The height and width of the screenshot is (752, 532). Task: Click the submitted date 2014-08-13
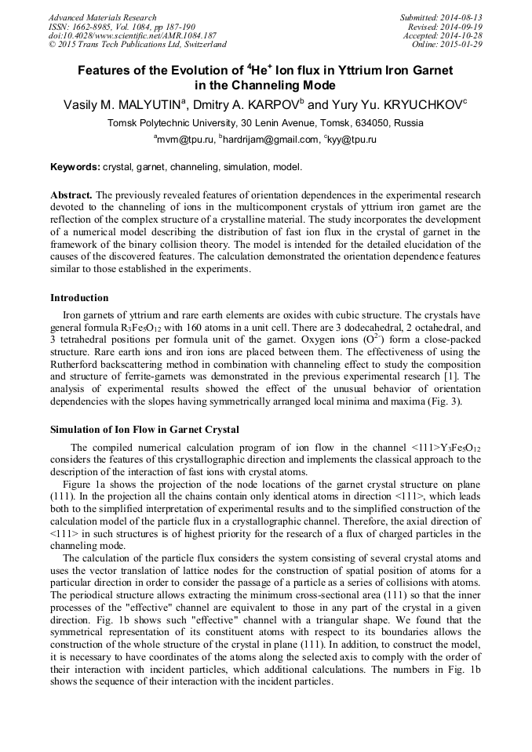(x=462, y=17)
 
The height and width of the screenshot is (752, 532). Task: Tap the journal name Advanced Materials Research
(x=103, y=17)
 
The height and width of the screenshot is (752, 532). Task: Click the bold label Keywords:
(x=75, y=168)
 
